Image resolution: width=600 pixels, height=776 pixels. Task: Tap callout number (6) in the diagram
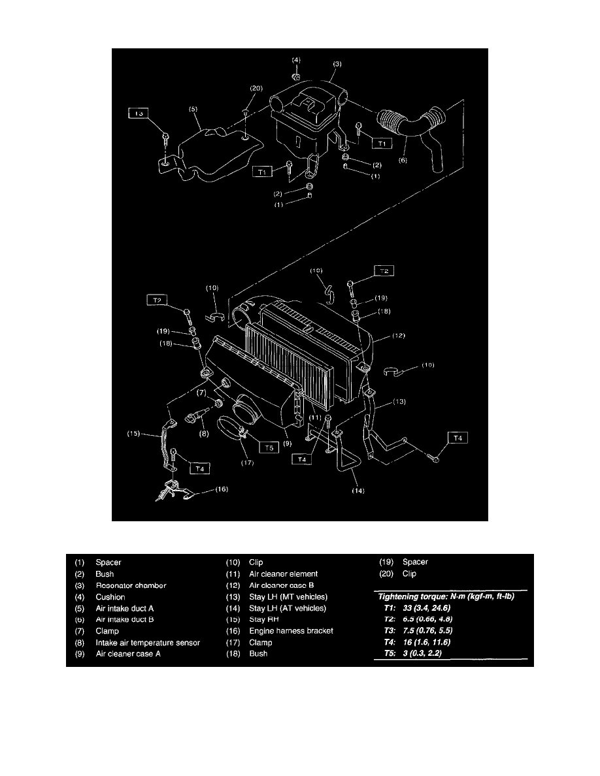pyautogui.click(x=403, y=158)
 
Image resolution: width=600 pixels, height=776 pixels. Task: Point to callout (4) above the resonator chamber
pyautogui.click(x=296, y=59)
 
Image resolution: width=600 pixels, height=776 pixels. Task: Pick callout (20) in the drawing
pyautogui.click(x=256, y=88)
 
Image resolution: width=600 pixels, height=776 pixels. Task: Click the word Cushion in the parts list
pyautogui.click(x=110, y=597)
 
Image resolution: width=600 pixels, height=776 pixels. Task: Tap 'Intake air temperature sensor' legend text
pyautogui.click(x=148, y=643)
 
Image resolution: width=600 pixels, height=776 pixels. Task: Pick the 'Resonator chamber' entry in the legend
pyautogui.click(x=131, y=585)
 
